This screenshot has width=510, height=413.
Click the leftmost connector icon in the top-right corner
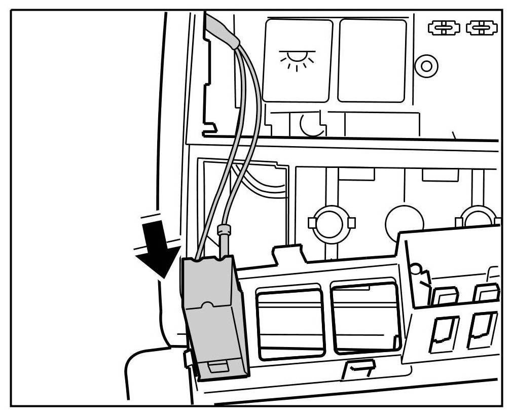443,28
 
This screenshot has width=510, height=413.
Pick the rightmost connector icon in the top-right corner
482,28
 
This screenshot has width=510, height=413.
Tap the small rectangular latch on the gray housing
217,367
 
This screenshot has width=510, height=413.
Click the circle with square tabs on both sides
332,222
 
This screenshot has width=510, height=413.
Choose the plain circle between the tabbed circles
404,222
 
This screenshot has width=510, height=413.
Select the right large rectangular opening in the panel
365,317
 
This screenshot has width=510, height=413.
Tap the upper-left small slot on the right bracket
445,296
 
